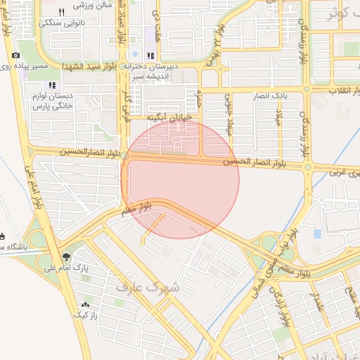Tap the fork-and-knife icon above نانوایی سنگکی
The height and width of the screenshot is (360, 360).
pos(61,12)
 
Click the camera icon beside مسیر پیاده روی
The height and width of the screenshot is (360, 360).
pos(15,55)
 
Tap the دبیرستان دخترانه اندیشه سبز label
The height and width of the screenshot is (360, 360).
pos(150,70)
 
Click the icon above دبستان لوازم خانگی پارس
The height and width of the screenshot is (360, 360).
pos(52,85)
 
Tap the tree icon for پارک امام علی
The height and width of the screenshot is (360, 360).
pos(67,256)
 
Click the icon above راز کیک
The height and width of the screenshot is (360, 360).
pos(85,305)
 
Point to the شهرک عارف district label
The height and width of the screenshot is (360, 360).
pos(155,288)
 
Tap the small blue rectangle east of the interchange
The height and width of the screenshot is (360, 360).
pos(317,233)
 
